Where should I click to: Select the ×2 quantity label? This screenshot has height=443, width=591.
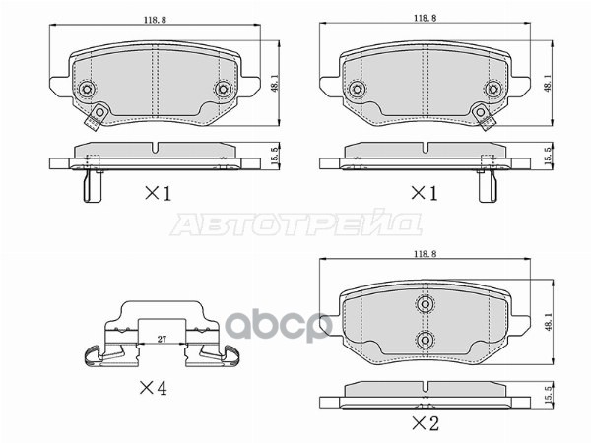425,425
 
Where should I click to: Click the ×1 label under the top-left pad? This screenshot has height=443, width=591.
158,194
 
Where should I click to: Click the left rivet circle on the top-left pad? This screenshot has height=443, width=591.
88,90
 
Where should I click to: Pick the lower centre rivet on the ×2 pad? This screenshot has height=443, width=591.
425,341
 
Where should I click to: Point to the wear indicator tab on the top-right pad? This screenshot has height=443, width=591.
484,117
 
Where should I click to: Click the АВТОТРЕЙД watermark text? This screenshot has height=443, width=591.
296,224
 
